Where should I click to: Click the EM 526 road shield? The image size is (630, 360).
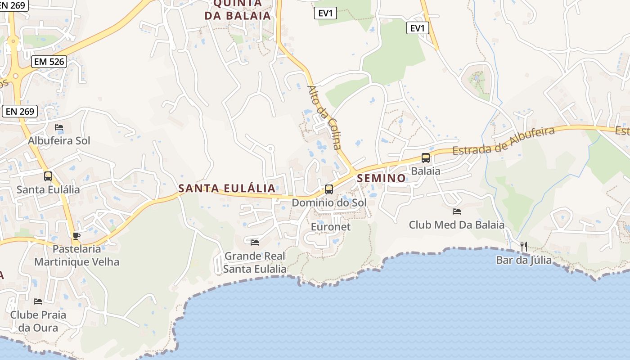coord(49,62)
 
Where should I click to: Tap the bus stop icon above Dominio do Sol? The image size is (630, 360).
coord(329,189)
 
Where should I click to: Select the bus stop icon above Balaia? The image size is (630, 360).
coord(425,158)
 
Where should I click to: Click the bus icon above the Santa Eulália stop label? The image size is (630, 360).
coord(48,176)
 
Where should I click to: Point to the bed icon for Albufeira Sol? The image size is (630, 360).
coord(59,128)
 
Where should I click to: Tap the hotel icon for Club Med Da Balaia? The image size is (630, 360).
coord(457,211)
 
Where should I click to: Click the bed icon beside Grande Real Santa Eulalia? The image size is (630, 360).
coord(255,243)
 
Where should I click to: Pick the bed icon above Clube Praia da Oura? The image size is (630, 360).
coord(38,301)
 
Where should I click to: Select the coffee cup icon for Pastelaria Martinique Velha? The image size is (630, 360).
coord(76,236)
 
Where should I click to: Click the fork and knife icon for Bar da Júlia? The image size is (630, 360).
coord(523,246)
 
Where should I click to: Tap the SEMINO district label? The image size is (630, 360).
coord(382,178)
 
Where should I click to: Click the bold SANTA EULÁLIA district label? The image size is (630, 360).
coord(227,188)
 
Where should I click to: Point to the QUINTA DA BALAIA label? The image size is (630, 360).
coord(238,10)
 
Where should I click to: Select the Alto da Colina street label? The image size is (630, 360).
coord(324,117)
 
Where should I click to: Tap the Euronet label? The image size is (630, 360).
coord(331,227)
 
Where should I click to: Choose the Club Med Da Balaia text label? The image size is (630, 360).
coord(457,225)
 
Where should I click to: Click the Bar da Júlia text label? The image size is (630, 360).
coord(524,260)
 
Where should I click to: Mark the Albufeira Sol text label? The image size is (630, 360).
coord(59,141)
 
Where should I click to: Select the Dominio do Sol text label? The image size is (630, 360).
coord(329,202)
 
